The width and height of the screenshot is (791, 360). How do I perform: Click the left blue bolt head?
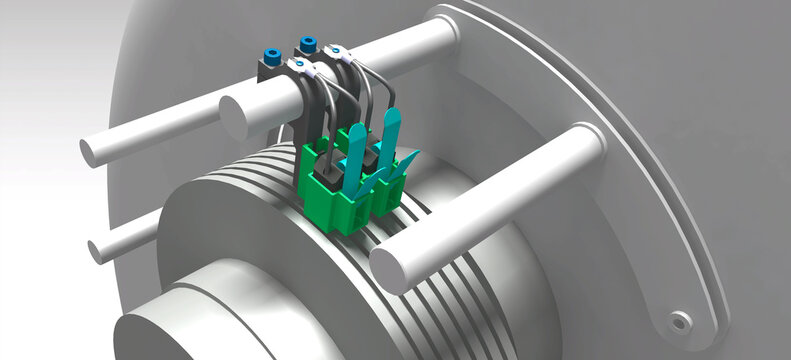[270, 55]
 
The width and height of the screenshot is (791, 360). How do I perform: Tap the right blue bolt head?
[307, 44]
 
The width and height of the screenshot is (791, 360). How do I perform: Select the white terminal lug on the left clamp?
[301, 68]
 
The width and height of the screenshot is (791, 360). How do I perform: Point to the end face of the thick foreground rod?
[389, 269]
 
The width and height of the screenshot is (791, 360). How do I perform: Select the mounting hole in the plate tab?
[681, 320]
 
